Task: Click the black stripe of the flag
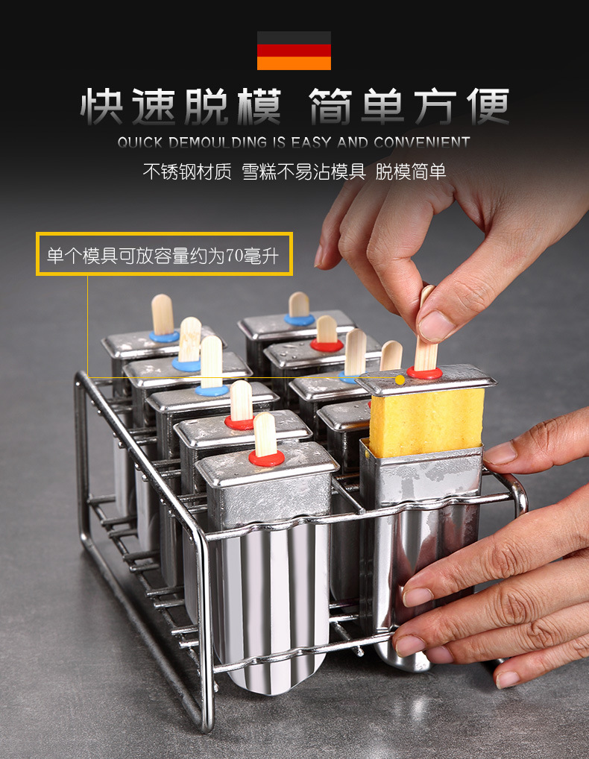pyautogui.click(x=294, y=37)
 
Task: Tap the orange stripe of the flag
pyautogui.click(x=294, y=63)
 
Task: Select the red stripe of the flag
pyautogui.click(x=294, y=51)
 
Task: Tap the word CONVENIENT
pyautogui.click(x=422, y=142)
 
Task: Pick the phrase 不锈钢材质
pyautogui.click(x=187, y=171)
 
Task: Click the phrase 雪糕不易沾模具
pyautogui.click(x=303, y=171)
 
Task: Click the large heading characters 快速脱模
pyautogui.click(x=181, y=107)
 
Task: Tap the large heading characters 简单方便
pyautogui.click(x=409, y=107)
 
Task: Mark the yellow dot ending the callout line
pyautogui.click(x=400, y=380)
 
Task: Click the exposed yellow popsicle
pyautogui.click(x=426, y=421)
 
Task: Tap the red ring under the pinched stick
pyautogui.click(x=424, y=372)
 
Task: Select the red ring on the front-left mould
pyautogui.click(x=266, y=459)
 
